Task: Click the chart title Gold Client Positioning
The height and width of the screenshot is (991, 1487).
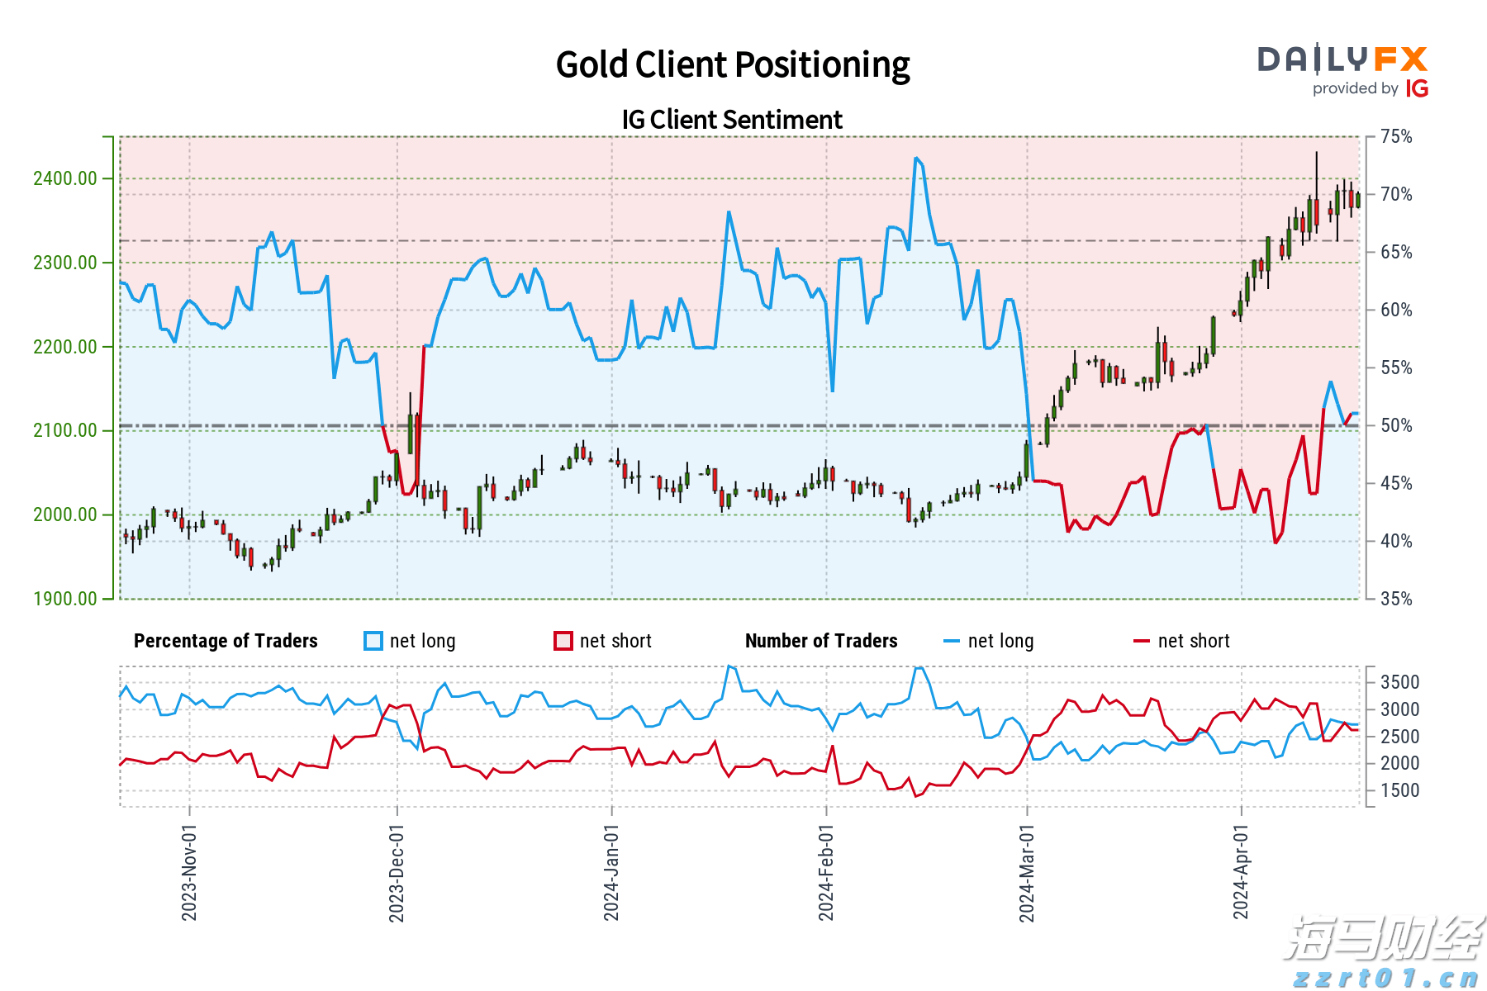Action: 732,64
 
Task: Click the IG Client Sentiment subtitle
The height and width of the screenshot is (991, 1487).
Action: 732,120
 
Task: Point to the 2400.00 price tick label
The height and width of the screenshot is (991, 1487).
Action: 65,178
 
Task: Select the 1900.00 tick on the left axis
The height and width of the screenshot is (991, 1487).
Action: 65,599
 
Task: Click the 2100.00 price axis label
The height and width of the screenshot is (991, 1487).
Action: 65,430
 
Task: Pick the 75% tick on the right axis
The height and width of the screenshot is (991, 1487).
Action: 1396,136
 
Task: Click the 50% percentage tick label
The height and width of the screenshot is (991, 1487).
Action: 1396,425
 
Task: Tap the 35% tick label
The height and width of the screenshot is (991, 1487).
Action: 1396,599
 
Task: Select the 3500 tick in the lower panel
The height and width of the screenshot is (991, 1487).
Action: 1399,682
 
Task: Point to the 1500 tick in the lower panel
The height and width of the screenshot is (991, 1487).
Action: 1399,790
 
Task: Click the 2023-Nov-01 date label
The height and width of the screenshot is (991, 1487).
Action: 189,872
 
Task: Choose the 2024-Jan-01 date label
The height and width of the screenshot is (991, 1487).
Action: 611,872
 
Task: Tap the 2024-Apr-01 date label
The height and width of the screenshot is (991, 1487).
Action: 1241,872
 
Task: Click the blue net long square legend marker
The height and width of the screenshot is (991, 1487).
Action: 373,641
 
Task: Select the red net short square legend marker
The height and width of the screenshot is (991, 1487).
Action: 563,641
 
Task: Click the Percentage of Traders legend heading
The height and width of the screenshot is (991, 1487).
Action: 226,641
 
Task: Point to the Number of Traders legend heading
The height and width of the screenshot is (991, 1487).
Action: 821,641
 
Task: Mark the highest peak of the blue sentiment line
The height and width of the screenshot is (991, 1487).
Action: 916,158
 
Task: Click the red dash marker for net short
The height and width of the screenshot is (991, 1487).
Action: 1142,641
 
